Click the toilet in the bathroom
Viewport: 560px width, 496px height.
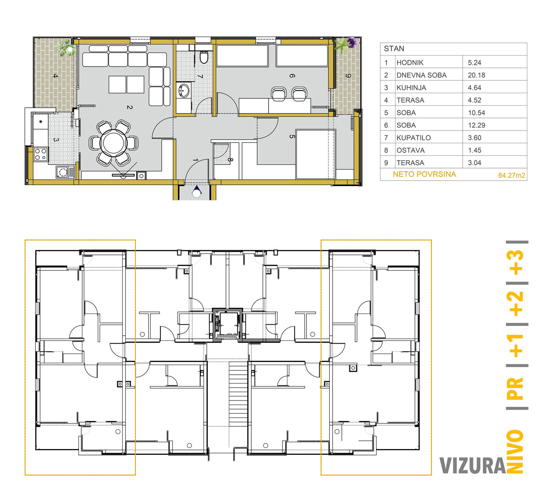204,56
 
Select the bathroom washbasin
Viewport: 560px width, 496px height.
184,90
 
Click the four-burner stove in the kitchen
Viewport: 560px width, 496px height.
41,154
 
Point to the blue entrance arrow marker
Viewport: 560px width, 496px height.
197,191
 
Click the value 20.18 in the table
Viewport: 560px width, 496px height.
476,75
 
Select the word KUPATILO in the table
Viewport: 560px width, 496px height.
413,138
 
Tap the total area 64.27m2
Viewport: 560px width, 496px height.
511,175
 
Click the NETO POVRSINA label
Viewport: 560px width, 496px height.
424,174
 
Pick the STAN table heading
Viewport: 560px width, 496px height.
394,49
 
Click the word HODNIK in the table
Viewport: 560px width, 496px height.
410,63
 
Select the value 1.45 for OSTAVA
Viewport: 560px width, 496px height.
475,150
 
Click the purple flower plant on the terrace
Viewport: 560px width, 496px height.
351,43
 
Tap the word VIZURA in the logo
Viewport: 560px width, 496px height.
472,466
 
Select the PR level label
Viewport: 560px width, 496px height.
515,388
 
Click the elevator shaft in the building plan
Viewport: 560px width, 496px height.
227,324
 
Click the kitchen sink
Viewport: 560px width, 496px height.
65,172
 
